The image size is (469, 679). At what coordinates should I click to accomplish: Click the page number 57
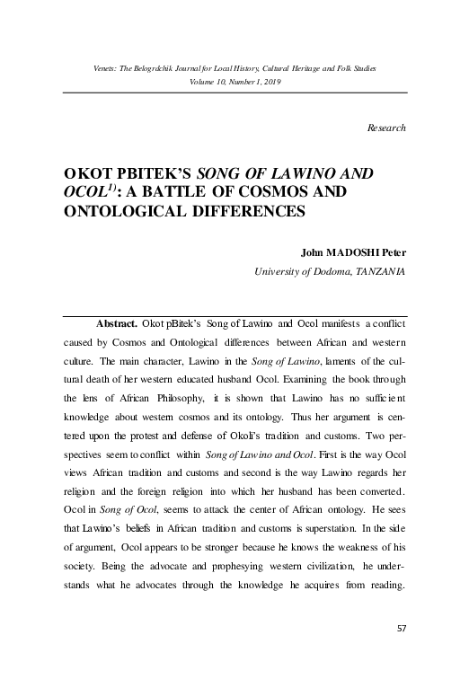click(x=401, y=626)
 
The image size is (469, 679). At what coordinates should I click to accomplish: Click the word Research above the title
click(x=388, y=128)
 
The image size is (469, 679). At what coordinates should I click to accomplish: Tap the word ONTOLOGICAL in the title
click(x=115, y=213)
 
